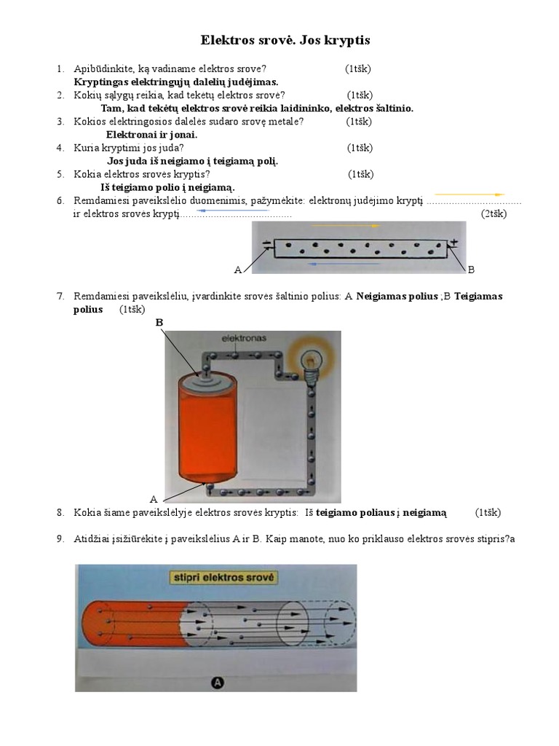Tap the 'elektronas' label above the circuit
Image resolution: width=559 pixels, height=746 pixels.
[245, 339]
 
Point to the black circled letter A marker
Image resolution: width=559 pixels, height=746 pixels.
[217, 683]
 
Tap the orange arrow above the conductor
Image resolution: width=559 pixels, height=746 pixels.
[346, 227]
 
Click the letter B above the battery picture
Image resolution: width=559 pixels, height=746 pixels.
[159, 322]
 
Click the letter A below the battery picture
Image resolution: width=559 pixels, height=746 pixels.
[154, 499]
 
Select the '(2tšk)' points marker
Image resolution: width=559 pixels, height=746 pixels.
[493, 213]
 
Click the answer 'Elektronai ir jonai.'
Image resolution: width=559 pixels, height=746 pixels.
[151, 135]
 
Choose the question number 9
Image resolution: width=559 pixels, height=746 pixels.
[60, 539]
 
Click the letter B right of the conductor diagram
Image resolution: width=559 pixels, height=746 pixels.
[471, 270]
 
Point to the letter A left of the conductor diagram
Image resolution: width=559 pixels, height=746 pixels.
[237, 270]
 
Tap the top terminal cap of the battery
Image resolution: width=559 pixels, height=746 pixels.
[206, 376]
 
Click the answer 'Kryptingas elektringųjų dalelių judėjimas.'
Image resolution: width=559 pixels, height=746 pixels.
[176, 82]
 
